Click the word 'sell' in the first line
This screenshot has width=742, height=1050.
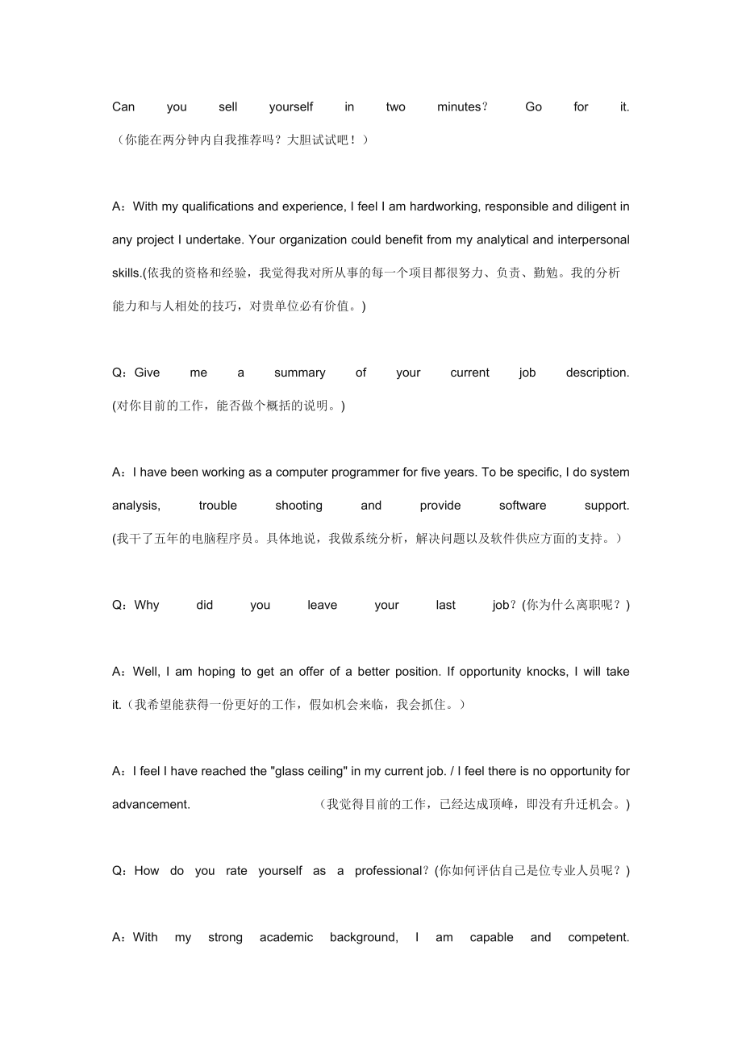click(228, 107)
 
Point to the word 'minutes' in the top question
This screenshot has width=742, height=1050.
click(459, 107)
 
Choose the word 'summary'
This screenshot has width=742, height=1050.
click(300, 373)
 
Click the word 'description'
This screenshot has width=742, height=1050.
click(597, 373)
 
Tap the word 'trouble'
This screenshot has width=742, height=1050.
click(218, 506)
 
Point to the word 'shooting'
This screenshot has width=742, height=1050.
click(298, 506)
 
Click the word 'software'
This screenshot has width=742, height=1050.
click(523, 506)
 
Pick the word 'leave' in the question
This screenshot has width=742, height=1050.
click(323, 606)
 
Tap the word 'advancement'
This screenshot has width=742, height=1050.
click(151, 805)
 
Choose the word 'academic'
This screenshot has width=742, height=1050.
click(286, 937)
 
